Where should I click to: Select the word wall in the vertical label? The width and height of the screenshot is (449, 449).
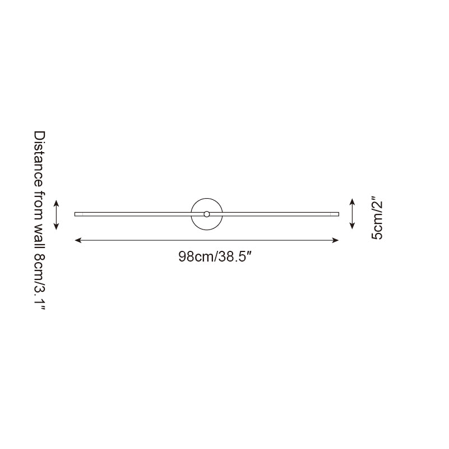(x=39, y=233)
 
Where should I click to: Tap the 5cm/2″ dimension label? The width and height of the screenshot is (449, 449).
(x=377, y=218)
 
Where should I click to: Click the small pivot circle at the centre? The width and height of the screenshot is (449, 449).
(x=207, y=214)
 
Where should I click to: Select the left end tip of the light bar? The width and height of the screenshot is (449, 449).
(x=76, y=214)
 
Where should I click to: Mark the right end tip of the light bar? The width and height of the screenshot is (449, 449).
(x=338, y=214)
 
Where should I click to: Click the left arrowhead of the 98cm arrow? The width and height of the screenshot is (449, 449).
(x=77, y=240)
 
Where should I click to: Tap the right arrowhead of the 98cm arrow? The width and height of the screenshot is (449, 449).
(x=336, y=240)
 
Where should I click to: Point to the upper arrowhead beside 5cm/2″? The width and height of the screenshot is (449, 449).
(x=352, y=201)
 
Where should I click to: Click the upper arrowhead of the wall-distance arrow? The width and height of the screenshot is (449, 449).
(x=57, y=201)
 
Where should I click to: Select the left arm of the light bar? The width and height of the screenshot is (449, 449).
(x=135, y=214)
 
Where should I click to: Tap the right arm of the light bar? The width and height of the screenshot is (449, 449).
(x=280, y=214)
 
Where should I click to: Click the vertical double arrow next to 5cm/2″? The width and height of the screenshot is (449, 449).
(x=352, y=214)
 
